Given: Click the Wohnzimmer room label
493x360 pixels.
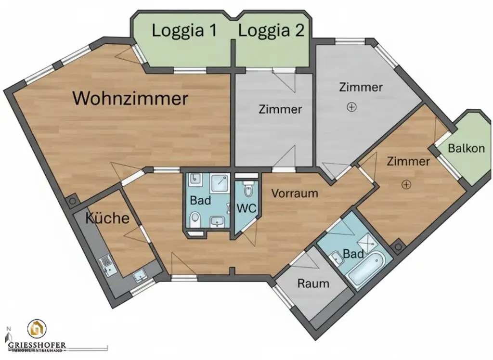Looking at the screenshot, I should point(130,99).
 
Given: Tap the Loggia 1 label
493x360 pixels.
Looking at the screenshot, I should point(184,31).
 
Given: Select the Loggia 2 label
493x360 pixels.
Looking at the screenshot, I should point(272,31).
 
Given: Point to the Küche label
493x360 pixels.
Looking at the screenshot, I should point(107,218).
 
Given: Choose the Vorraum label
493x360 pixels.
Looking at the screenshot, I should point(295,193).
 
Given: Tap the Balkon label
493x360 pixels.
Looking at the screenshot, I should point(466,148).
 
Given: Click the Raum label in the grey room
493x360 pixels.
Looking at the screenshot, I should point(313,283).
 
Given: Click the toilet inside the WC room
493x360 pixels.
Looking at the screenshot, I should point(248,190).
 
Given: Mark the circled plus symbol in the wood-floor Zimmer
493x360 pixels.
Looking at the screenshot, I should point(407,184).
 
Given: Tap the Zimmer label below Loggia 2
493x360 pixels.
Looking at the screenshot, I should point(280,109).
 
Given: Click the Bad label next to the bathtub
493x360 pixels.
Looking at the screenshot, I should point(353,254).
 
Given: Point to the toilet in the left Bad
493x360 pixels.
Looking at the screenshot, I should point(195,220).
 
